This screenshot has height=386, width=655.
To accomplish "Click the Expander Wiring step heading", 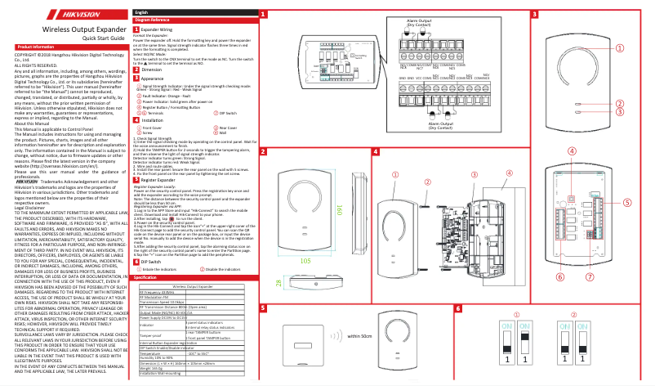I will coord(156,29).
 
